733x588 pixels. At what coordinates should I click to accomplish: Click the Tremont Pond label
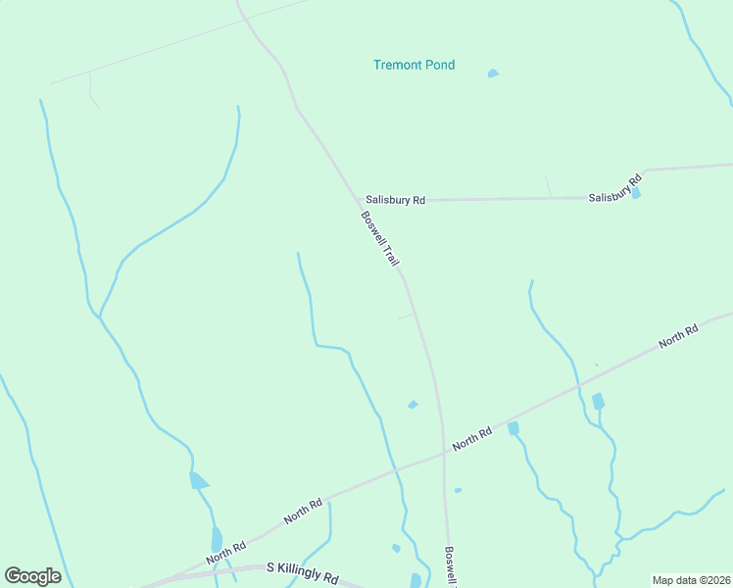click(x=414, y=66)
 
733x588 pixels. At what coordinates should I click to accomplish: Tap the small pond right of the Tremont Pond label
click(x=493, y=73)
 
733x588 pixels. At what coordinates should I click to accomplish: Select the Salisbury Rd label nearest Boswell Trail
click(x=396, y=200)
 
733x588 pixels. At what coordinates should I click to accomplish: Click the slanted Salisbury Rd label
click(x=614, y=189)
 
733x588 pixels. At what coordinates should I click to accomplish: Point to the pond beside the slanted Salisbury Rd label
click(x=636, y=194)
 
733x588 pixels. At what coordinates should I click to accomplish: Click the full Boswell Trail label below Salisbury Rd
click(x=381, y=240)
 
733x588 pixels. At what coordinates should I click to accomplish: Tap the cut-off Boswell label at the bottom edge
click(x=451, y=566)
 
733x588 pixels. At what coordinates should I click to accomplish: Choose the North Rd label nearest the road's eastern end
click(x=678, y=335)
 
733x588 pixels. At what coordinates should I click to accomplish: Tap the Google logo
click(x=32, y=576)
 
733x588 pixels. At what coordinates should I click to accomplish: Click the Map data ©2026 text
click(x=691, y=579)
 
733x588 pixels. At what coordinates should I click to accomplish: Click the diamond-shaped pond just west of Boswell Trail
click(x=413, y=405)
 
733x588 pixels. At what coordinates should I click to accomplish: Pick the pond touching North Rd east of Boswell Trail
click(x=513, y=428)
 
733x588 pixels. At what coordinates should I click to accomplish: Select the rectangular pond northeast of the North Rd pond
click(x=598, y=401)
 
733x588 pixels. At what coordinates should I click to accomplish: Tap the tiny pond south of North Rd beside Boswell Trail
click(x=458, y=489)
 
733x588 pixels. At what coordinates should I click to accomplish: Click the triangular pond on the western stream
click(x=199, y=480)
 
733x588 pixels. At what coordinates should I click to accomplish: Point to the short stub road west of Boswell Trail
click(x=405, y=316)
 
